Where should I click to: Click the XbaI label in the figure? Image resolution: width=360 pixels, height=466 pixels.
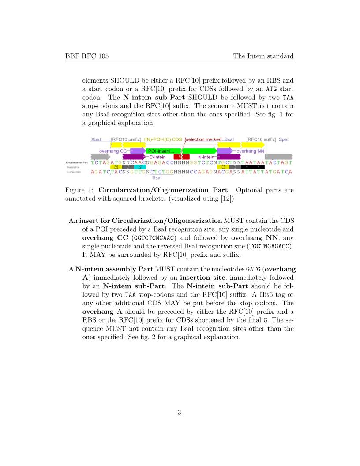click(x=96, y=139)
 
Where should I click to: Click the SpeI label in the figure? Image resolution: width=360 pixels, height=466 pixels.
click(x=283, y=139)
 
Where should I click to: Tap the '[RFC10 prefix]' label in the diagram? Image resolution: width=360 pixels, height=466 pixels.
click(x=126, y=139)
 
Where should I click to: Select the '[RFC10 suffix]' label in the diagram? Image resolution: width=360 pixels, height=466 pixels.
click(x=261, y=139)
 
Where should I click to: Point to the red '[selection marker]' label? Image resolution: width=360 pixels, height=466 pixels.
click(x=203, y=139)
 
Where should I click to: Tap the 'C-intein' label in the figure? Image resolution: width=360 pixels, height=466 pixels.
click(x=157, y=157)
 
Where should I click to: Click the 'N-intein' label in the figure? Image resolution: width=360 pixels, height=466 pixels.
click(x=206, y=157)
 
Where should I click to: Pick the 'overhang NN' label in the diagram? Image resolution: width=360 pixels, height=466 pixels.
click(x=251, y=151)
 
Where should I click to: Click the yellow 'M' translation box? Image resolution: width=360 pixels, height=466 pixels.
click(x=116, y=167)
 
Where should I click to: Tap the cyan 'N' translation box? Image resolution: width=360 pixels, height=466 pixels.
click(x=139, y=167)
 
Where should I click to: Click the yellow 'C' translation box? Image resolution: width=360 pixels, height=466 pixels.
click(x=223, y=167)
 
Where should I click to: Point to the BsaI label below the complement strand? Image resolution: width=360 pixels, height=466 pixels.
click(x=157, y=178)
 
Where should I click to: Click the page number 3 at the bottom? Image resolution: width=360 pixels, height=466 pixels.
click(x=180, y=413)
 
